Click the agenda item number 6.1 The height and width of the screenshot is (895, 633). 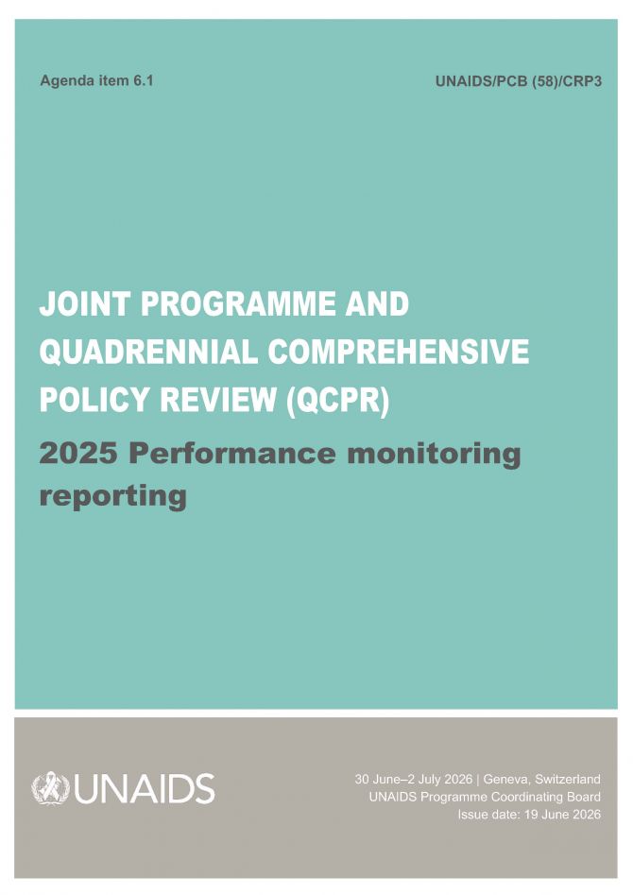(x=144, y=80)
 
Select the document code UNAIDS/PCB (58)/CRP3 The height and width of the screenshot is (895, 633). (x=519, y=81)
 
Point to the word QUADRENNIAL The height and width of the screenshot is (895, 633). (x=148, y=352)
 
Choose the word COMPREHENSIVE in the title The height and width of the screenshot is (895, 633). (x=399, y=352)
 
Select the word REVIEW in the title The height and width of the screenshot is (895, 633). (x=218, y=400)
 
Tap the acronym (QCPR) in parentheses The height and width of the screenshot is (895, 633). (x=338, y=401)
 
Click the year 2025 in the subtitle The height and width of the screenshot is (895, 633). (x=78, y=454)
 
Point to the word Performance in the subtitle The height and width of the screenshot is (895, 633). (x=232, y=454)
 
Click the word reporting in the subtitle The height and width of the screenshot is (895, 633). (x=113, y=496)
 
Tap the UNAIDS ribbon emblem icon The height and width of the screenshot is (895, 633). (x=51, y=788)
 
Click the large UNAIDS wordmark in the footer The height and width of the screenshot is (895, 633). (x=144, y=789)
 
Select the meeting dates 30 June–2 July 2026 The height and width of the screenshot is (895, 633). (x=413, y=779)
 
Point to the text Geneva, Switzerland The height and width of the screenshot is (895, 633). (x=541, y=780)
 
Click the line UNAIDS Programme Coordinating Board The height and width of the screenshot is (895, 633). (x=485, y=797)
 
